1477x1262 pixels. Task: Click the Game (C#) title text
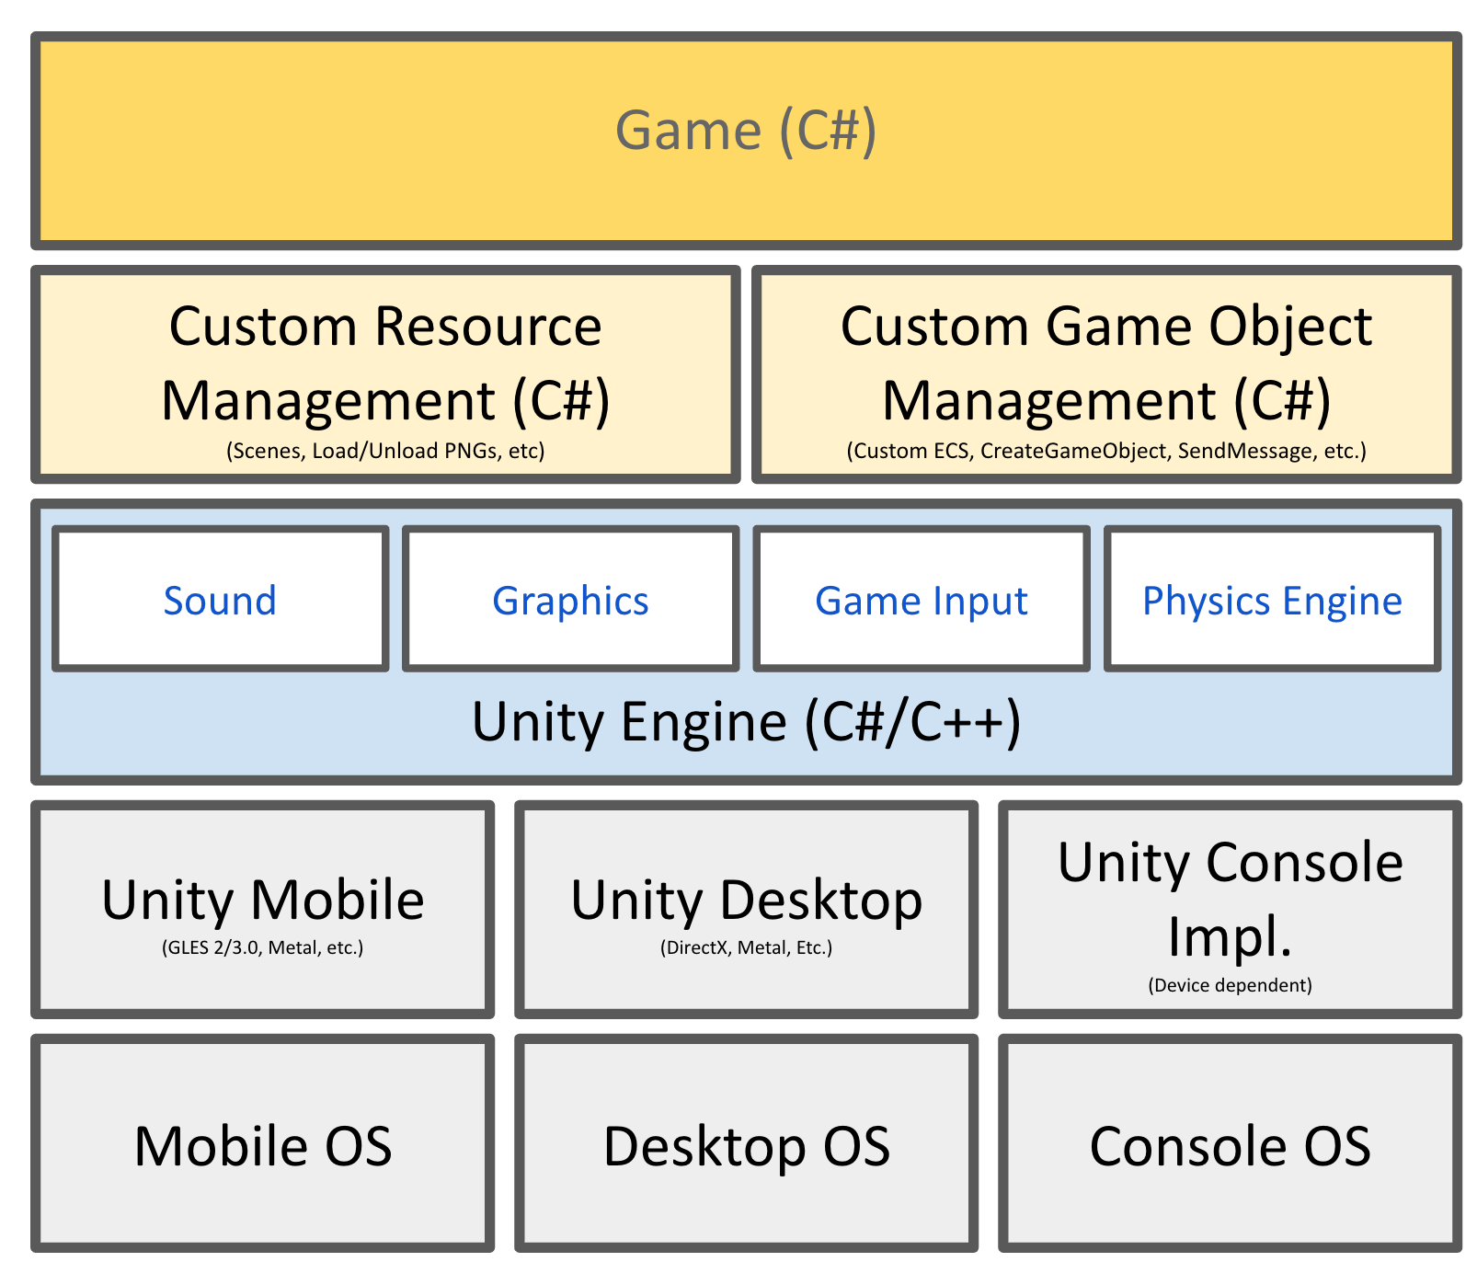745,130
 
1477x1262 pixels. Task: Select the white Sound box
220,600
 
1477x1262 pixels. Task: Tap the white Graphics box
570,600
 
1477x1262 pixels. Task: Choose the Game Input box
921,600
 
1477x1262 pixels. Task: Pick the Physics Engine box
1272,600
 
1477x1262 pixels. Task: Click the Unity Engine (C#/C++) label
746,721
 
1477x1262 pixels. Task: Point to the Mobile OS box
263,1145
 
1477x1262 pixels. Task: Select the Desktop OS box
746,1145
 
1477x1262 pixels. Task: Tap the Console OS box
1230,1145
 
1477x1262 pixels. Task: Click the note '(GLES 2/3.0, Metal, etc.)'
263,947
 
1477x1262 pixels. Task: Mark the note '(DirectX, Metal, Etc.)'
746,947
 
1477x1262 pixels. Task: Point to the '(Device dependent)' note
1230,985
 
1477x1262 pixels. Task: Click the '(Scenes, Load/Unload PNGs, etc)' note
385,451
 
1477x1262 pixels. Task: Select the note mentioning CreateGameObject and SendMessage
1106,451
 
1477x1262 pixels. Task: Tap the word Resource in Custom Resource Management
488,327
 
